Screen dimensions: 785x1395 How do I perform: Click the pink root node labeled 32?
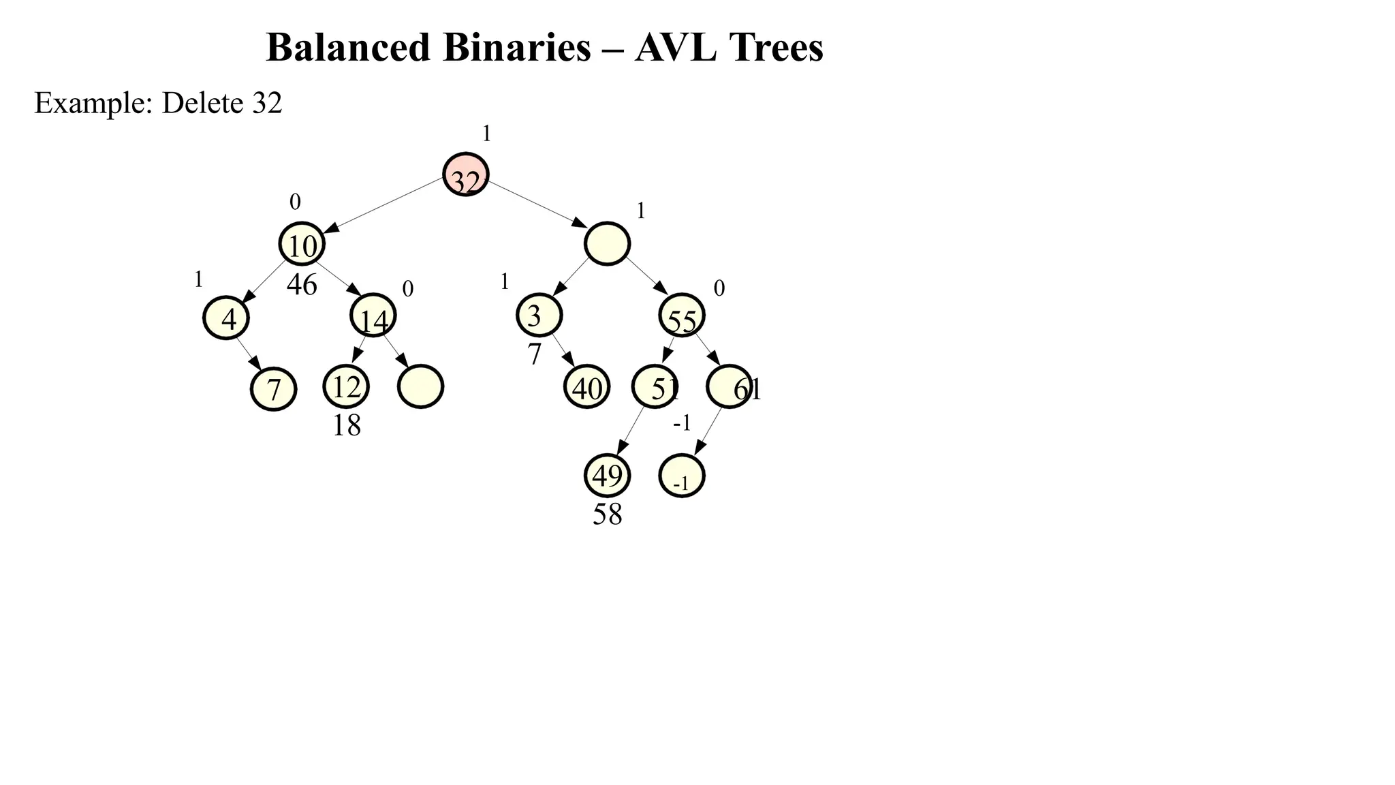click(466, 174)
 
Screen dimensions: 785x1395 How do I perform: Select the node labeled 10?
click(302, 244)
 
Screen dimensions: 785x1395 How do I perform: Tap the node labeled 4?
click(226, 317)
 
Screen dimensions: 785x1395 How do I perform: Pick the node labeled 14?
click(373, 315)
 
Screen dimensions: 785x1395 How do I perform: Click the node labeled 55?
click(682, 315)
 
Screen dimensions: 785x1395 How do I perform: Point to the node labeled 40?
click(586, 387)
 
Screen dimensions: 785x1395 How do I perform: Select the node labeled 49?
click(607, 476)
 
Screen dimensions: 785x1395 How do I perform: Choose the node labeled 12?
click(346, 386)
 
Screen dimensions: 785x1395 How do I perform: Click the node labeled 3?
click(539, 315)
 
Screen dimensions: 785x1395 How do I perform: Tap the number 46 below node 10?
click(302, 285)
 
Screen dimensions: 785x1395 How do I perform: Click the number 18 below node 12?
click(346, 426)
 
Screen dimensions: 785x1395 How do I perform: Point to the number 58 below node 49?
click(607, 514)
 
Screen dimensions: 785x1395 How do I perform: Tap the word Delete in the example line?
click(202, 103)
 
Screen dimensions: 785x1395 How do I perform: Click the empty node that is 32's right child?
click(607, 244)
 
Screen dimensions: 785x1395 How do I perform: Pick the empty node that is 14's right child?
click(420, 387)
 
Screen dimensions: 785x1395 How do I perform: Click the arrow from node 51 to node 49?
click(631, 431)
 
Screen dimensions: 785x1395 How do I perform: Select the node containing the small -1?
click(682, 476)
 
